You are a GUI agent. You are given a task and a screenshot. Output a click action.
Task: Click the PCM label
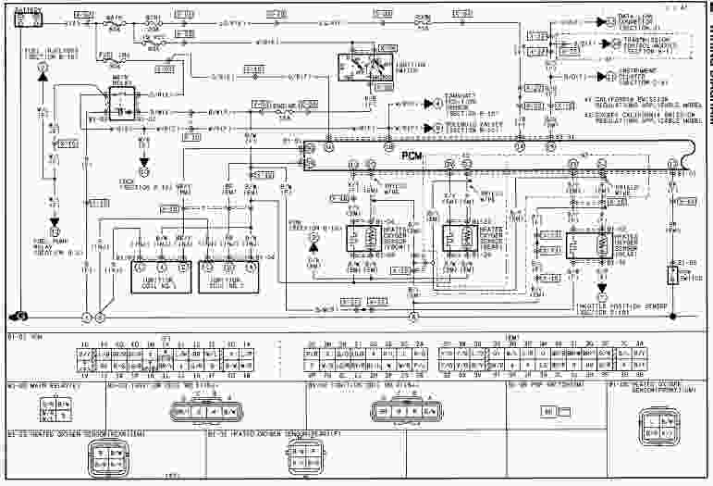click(x=412, y=156)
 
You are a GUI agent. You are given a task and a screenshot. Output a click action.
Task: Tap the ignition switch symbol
click(x=360, y=68)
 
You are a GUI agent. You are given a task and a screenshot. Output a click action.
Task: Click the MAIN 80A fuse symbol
click(x=116, y=21)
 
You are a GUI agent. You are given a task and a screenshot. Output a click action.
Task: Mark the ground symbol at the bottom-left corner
click(x=20, y=316)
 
